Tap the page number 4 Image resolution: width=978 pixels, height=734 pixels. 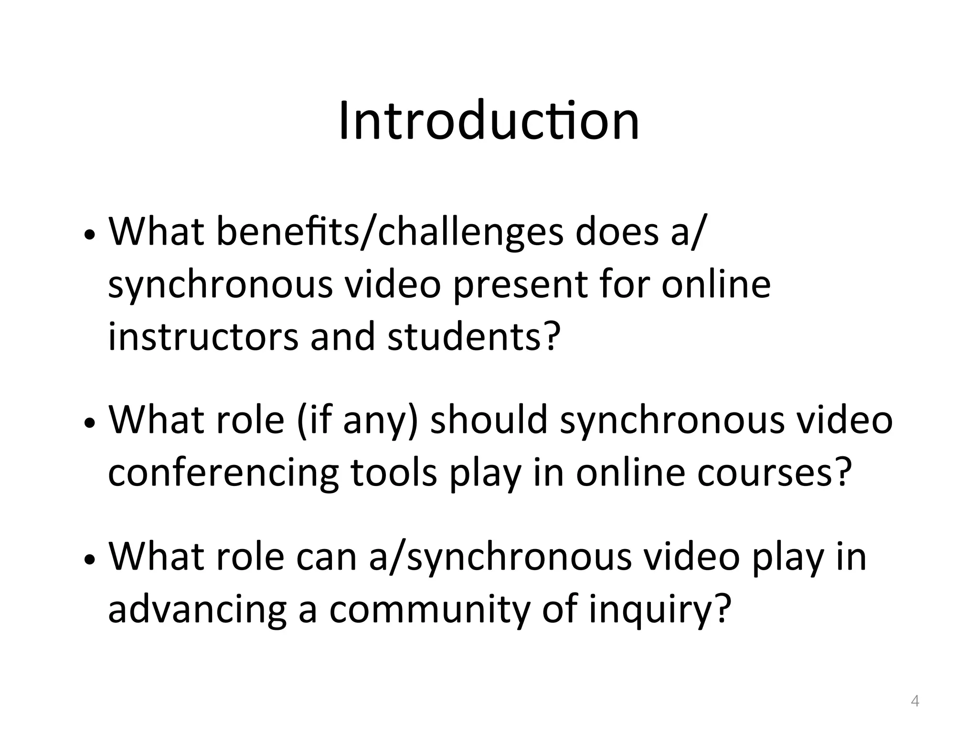click(915, 701)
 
